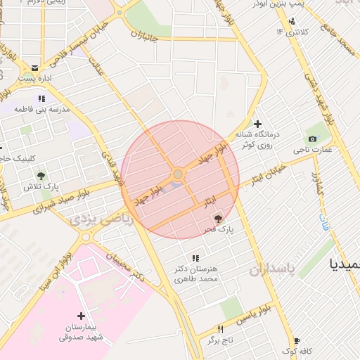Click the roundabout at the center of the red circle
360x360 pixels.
pyautogui.click(x=179, y=174)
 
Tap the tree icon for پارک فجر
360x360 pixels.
pyautogui.click(x=217, y=218)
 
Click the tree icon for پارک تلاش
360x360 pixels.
pyautogui.click(x=41, y=175)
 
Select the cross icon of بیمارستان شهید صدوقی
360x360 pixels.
pyautogui.click(x=82, y=316)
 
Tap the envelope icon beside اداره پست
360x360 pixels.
pyautogui.click(x=35, y=67)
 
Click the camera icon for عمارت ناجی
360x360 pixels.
pyautogui.click(x=312, y=139)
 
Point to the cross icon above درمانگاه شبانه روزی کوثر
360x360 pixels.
pyautogui.click(x=257, y=124)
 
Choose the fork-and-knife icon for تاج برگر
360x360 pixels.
pyautogui.click(x=220, y=329)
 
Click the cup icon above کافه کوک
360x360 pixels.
pyautogui.click(x=297, y=340)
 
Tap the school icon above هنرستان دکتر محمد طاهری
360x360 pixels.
pyautogui.click(x=195, y=258)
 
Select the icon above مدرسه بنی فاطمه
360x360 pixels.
pyautogui.click(x=41, y=99)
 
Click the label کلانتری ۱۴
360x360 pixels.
pyautogui.click(x=291, y=32)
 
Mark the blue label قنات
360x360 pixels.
pyautogui.click(x=323, y=224)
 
